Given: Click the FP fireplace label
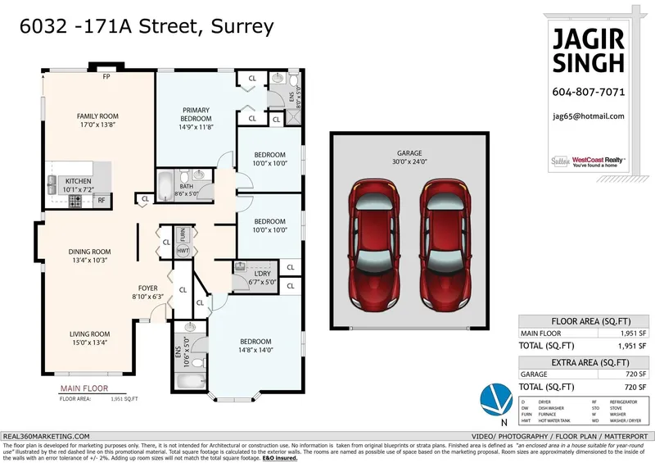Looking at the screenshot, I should [x=106, y=78].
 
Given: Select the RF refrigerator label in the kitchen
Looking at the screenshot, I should [x=102, y=199].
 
